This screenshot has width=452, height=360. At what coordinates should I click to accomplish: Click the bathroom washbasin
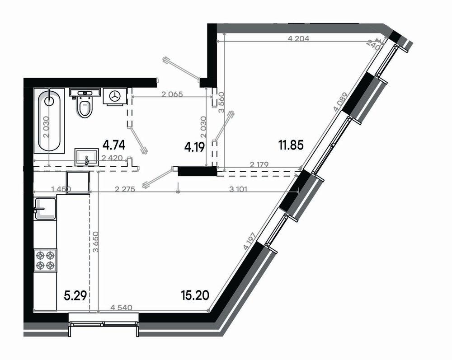[87, 156]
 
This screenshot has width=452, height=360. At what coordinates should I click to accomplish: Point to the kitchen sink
[45, 208]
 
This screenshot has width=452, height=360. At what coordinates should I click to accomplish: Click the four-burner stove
[46, 260]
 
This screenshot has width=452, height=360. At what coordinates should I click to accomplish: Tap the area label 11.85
[290, 145]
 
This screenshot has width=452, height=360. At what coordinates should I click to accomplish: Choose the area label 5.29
[75, 296]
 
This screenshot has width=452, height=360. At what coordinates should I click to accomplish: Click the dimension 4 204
[298, 39]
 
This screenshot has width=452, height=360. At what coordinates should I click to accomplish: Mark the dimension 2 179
[259, 166]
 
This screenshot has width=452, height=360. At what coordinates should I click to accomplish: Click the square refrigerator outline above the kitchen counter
[78, 182]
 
